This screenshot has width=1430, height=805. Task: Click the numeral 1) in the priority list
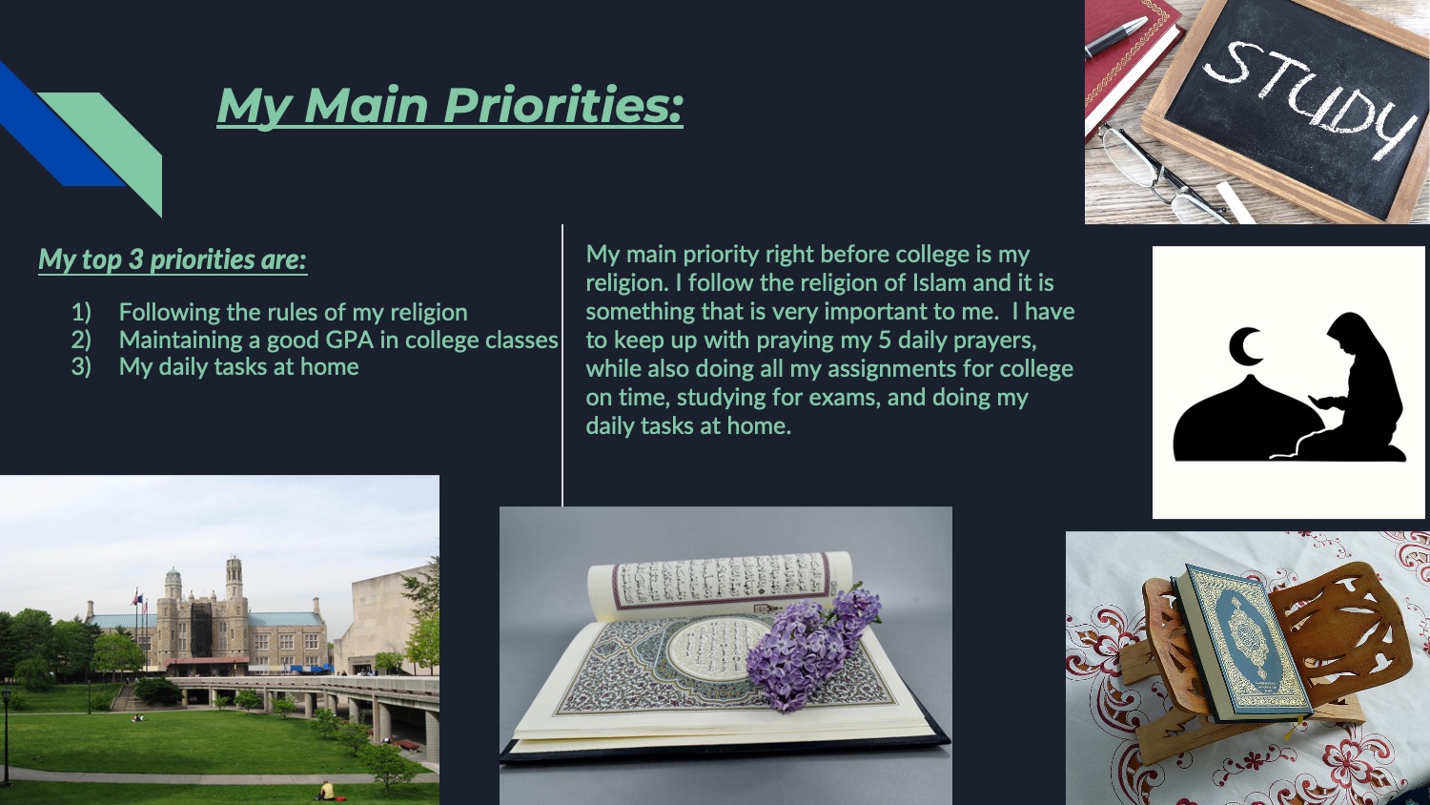[x=81, y=312]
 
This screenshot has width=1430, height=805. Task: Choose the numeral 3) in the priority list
[x=81, y=367]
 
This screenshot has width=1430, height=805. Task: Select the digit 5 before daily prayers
[x=884, y=341]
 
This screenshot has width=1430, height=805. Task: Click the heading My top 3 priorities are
[x=173, y=259]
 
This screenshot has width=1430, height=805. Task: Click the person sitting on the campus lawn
[x=327, y=791]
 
